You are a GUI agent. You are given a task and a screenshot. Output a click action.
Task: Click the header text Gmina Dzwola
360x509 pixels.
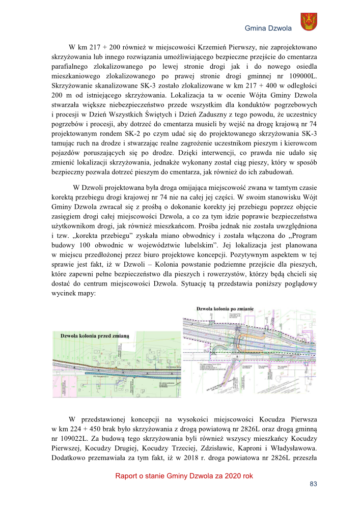tap(268, 29)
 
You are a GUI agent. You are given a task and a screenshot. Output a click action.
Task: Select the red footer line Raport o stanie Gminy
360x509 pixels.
tap(184, 476)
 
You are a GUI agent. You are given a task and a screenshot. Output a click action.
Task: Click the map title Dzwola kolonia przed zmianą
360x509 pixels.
tap(96, 336)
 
